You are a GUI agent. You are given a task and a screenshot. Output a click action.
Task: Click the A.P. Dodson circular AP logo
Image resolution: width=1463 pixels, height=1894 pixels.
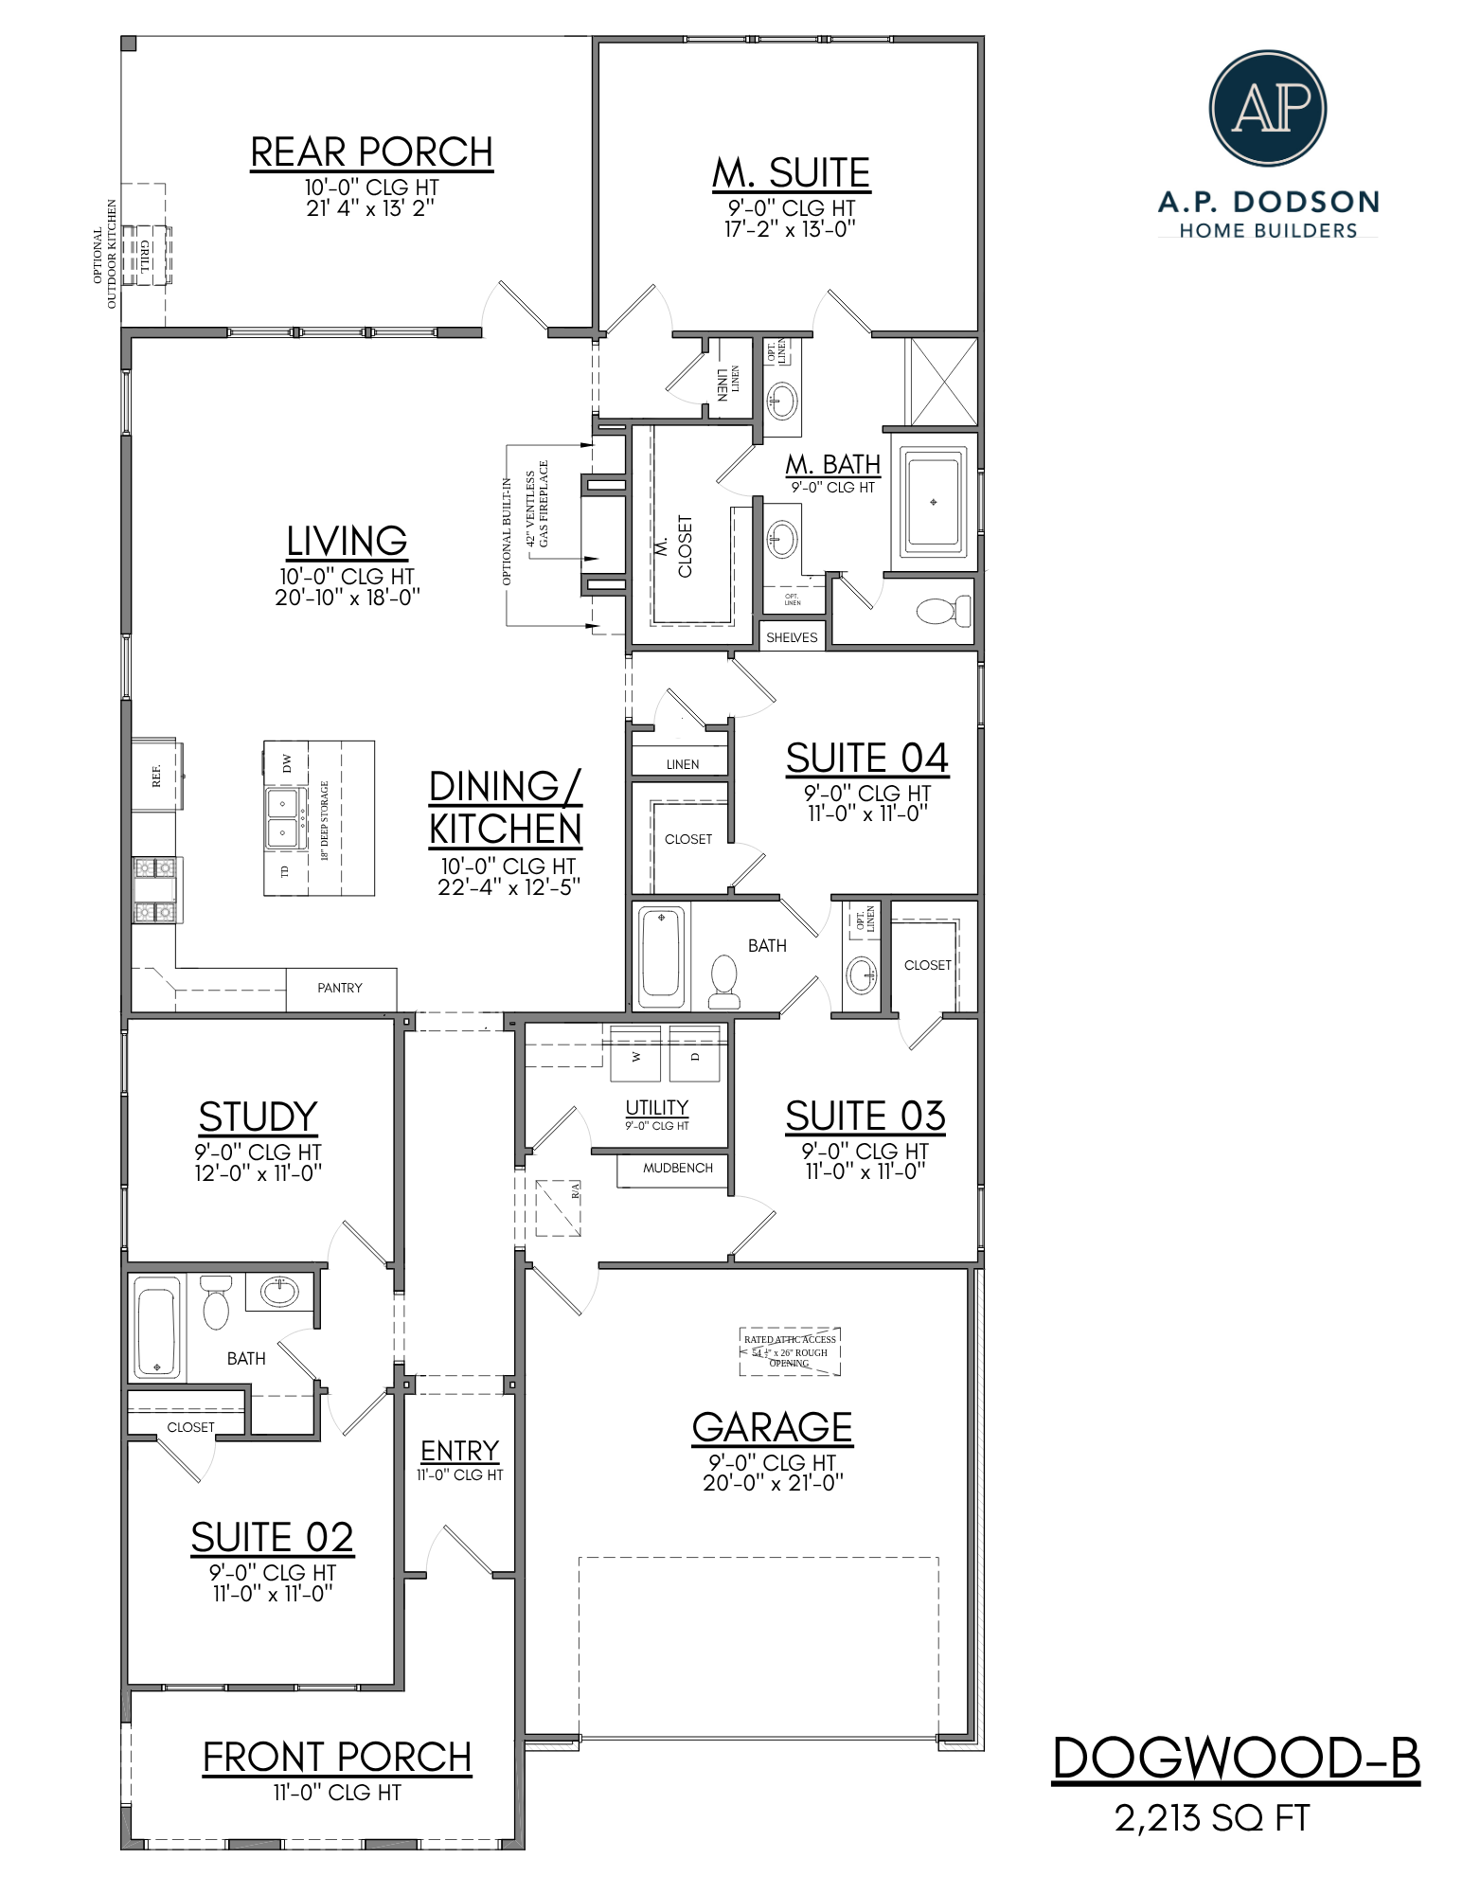point(1267,108)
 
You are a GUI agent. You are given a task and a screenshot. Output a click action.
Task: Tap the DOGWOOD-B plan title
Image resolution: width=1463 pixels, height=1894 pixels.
point(1236,1759)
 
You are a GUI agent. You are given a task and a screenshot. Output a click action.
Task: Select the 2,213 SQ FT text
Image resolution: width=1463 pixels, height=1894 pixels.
point(1211,1818)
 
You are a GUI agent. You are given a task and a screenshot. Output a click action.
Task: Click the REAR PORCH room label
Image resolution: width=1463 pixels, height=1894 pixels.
point(371,152)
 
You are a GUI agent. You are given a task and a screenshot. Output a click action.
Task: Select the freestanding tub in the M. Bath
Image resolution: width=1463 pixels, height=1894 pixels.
point(934,501)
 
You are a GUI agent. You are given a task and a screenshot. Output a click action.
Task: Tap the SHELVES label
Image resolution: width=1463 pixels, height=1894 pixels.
point(792,637)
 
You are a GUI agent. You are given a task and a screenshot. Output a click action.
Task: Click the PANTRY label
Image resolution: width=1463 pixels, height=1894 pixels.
point(340,988)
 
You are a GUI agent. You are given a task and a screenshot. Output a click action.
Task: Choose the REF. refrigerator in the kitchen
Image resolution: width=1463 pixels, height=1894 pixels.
point(156,776)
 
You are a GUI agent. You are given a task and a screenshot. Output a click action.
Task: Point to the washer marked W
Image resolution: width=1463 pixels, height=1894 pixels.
point(635,1054)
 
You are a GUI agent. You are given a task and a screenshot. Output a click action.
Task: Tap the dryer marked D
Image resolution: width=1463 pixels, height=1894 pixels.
point(695,1054)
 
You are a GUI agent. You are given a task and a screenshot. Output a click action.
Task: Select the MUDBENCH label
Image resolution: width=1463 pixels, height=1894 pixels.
point(677,1169)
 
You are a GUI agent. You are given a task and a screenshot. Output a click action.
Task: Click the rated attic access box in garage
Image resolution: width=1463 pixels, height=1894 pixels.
point(790,1351)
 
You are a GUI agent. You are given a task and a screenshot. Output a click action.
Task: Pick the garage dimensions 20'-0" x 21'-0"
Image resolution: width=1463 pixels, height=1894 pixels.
point(773,1483)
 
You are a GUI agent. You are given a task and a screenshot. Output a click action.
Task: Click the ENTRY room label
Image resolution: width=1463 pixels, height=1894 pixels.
point(459,1451)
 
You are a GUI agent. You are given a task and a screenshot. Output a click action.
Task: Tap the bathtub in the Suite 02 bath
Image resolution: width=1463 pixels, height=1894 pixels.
point(157,1327)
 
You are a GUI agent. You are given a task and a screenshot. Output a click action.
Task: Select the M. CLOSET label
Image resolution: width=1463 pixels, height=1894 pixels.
point(674,546)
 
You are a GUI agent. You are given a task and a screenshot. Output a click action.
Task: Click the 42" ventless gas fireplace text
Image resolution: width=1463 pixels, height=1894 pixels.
point(537,504)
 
